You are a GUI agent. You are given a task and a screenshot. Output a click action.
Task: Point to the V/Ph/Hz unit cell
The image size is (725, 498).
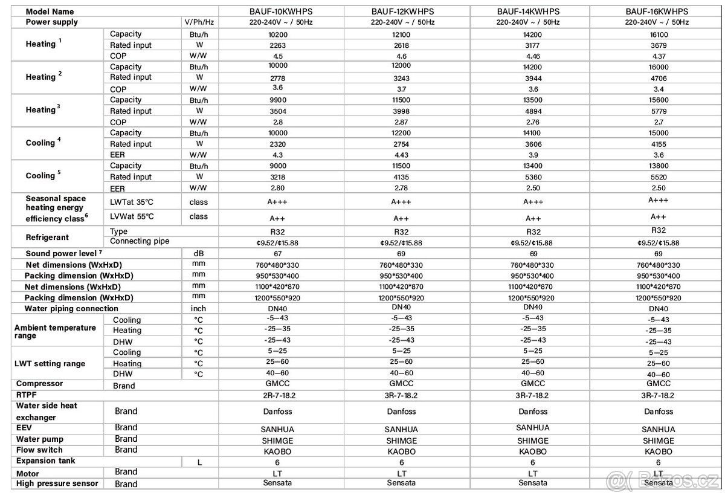[x=200, y=22]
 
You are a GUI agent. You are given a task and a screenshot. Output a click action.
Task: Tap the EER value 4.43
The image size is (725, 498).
[x=401, y=155]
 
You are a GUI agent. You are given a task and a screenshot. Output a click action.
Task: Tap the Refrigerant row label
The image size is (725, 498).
[x=47, y=238]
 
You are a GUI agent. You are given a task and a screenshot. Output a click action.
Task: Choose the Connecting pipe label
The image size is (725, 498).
[x=140, y=242]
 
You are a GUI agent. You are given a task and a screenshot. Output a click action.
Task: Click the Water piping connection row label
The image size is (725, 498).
[x=71, y=309]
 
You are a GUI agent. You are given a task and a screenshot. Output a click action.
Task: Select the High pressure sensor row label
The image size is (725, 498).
[x=57, y=483]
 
